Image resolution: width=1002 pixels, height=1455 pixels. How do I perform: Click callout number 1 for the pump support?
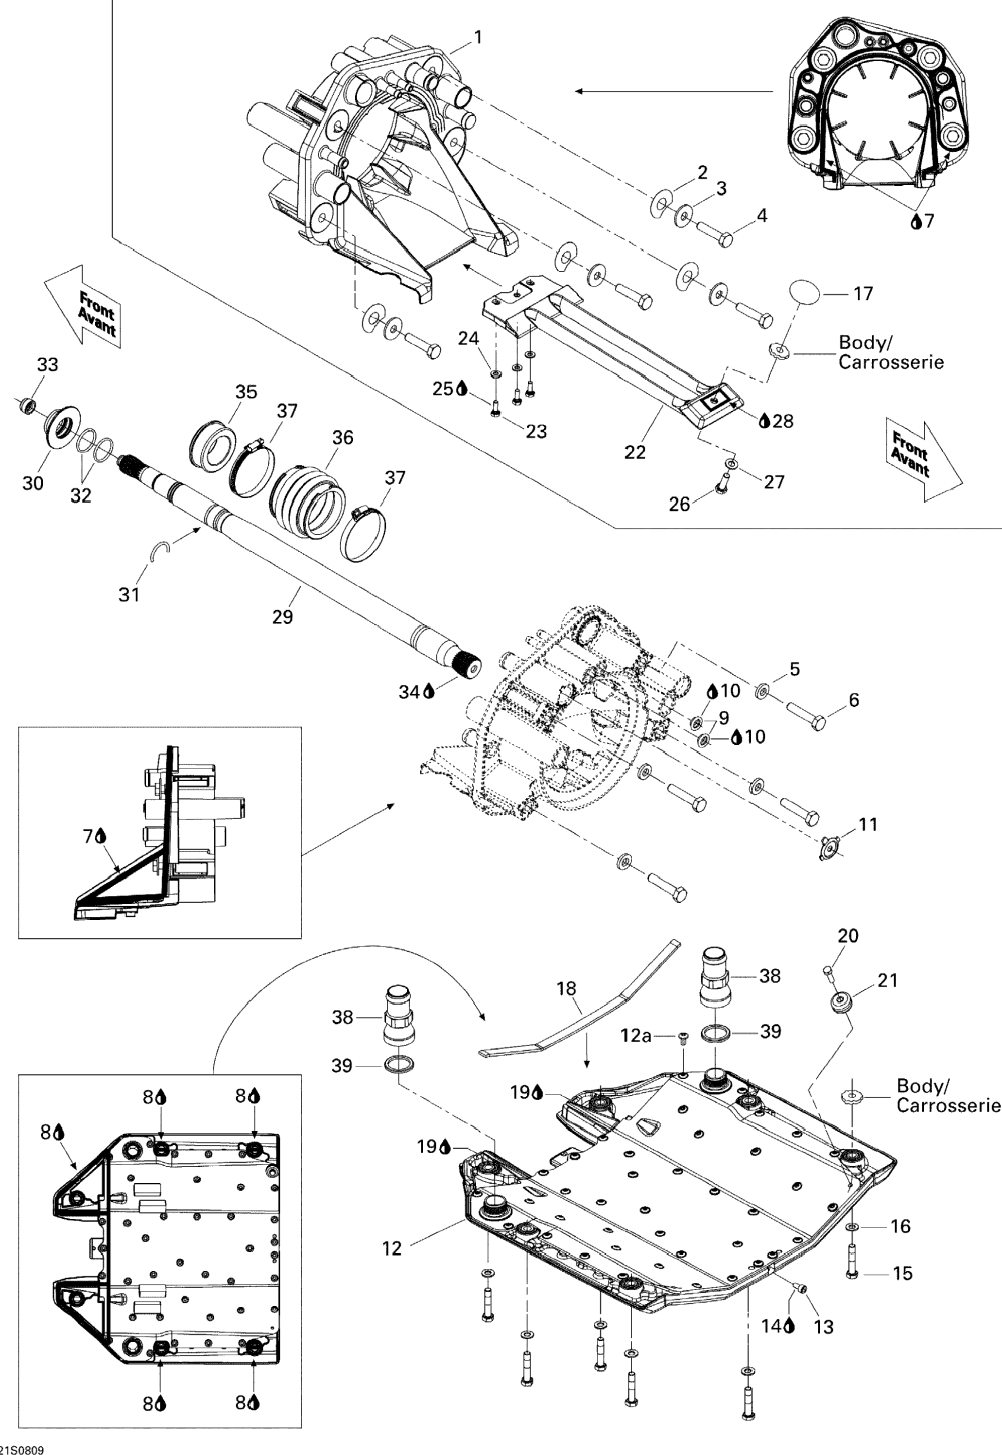click(478, 38)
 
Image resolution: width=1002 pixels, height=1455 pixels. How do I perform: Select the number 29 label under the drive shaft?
click(282, 617)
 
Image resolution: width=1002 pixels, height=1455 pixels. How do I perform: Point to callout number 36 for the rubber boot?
click(343, 437)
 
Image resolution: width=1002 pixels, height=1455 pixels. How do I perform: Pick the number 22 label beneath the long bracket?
click(635, 452)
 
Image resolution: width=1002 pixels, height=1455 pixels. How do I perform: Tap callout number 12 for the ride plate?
click(392, 1248)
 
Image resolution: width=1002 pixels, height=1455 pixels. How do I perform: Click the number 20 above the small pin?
click(847, 936)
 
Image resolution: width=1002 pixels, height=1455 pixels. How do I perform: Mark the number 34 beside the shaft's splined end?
click(409, 692)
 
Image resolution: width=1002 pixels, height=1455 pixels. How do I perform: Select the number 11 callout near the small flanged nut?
click(868, 824)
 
